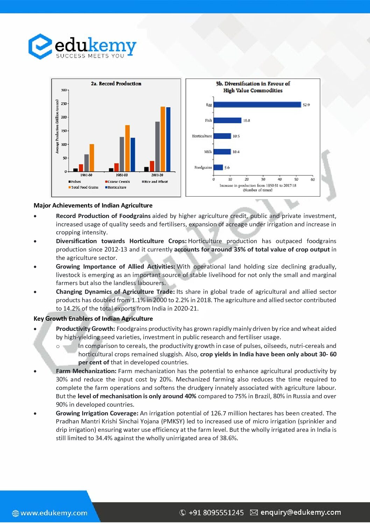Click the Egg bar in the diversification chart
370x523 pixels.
257,104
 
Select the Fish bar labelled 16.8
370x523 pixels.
227,120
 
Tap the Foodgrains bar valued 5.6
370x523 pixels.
218,167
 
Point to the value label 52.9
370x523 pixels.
306,105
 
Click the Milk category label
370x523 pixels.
208,152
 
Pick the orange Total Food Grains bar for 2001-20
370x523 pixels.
163,139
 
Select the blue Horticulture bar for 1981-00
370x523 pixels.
133,154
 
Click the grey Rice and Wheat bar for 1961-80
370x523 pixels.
86,163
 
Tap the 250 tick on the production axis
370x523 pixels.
64,104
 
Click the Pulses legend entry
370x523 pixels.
76,182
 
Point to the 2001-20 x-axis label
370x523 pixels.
157,175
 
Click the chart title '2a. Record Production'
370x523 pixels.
116,83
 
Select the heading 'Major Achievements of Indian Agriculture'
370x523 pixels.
93,205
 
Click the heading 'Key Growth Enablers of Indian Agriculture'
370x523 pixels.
93,319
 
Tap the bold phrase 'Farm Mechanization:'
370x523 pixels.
86,371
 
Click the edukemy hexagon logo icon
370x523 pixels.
40,46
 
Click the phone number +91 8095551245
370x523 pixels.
216,513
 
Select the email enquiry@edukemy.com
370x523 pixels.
300,512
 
